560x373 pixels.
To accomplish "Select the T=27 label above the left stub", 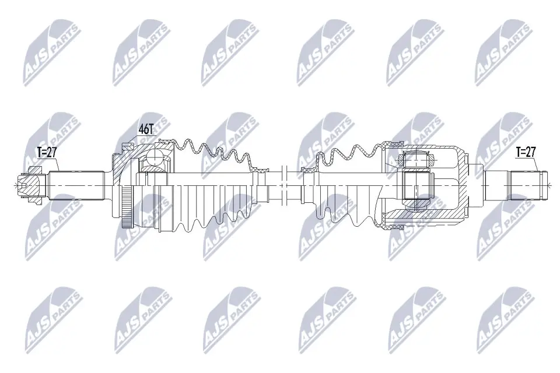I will [48, 153].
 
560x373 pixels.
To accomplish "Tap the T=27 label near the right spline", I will [526, 152].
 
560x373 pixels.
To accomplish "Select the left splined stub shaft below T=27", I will [76, 184].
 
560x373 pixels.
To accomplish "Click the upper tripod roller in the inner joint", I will [416, 159].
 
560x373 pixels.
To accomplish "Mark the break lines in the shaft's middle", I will [284, 184].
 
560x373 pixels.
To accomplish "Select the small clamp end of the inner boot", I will [308, 171].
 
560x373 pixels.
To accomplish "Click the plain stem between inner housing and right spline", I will [496, 184].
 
